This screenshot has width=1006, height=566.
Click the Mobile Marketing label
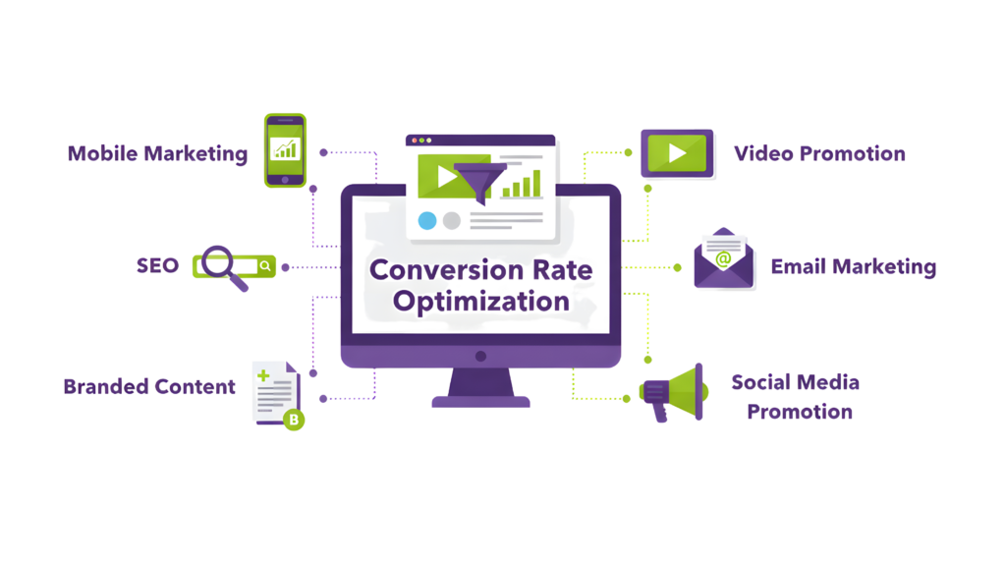(157, 153)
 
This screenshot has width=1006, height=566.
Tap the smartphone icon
(285, 149)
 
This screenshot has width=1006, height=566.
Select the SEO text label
(157, 265)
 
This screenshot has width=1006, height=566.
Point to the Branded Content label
(149, 386)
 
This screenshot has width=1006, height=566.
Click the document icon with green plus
(274, 390)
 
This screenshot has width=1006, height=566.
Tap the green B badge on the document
(293, 420)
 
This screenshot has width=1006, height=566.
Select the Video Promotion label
(819, 153)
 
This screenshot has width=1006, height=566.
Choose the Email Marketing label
(853, 266)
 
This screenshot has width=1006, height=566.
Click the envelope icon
(724, 261)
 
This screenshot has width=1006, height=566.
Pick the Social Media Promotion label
(797, 396)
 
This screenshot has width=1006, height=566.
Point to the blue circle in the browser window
(426, 220)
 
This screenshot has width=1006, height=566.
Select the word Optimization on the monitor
(480, 301)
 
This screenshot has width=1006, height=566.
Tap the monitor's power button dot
(480, 356)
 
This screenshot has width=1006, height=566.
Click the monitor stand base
(480, 401)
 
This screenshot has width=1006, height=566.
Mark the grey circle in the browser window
(451, 220)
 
